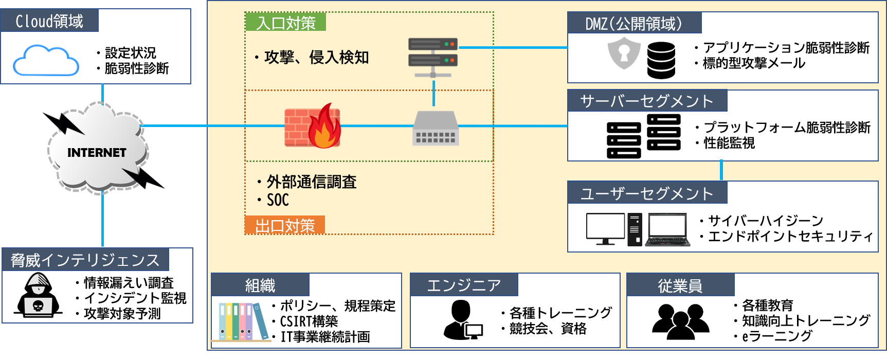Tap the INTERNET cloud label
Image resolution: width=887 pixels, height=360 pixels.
click(x=97, y=153)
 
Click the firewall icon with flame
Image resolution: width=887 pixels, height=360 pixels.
click(x=313, y=127)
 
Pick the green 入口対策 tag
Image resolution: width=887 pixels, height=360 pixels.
click(x=285, y=23)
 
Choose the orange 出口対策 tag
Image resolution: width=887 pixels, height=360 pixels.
click(x=284, y=226)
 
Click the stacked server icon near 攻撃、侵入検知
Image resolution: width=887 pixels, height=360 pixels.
click(x=433, y=56)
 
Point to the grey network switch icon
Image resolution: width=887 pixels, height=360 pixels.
click(x=436, y=129)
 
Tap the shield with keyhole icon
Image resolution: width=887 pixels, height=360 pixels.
click(x=624, y=53)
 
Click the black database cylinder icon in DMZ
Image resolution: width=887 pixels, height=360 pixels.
click(x=661, y=60)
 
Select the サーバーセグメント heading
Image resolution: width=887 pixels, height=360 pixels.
click(x=646, y=101)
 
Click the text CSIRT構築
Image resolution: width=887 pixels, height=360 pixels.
click(x=309, y=321)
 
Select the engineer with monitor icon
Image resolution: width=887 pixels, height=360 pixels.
click(x=463, y=321)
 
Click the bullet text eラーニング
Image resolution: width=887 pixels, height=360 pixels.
click(x=777, y=336)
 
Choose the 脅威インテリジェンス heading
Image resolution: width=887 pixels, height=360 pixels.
click(x=85, y=260)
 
